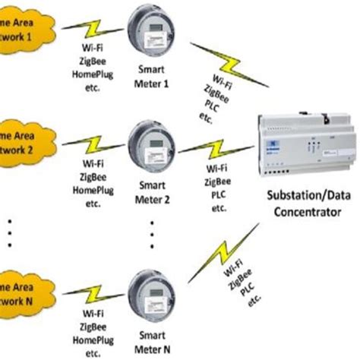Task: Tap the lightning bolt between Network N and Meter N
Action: pos(91,293)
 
